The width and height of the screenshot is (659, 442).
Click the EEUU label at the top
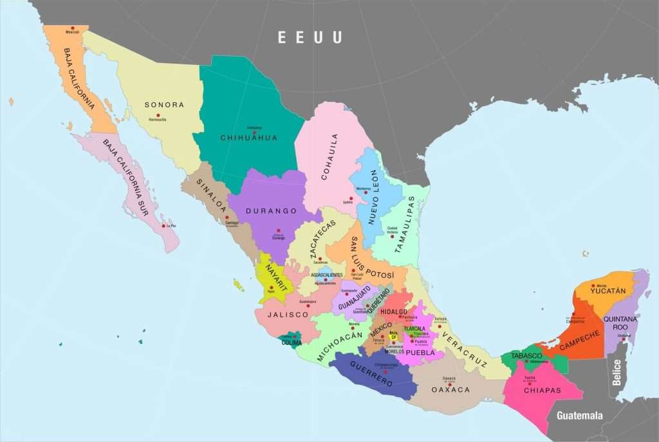coord(310,37)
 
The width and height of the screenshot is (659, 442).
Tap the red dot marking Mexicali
coord(72,28)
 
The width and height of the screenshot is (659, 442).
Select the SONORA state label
coord(164,105)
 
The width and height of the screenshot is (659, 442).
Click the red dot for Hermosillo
coord(158,116)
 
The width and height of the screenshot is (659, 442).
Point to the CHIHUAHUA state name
coord(249,138)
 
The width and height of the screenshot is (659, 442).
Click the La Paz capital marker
coord(163,226)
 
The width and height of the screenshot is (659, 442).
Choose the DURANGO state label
coord(271,211)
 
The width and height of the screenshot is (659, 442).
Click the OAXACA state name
coord(450,390)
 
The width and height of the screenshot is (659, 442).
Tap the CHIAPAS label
coord(543,390)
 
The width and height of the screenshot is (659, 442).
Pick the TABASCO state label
coord(526,356)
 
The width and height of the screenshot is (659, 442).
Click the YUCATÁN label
coord(608,291)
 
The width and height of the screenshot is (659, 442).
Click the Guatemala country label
coord(580,415)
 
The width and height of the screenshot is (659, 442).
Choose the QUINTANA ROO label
coord(620,323)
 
